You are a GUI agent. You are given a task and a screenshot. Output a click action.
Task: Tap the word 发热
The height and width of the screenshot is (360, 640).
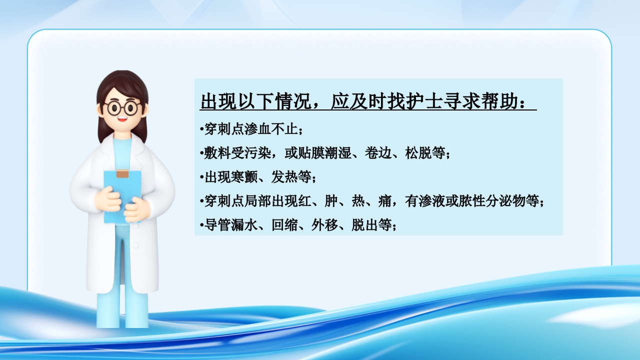pyautogui.click(x=284, y=177)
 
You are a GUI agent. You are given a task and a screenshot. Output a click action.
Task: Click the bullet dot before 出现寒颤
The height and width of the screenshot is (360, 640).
pyautogui.click(x=201, y=177)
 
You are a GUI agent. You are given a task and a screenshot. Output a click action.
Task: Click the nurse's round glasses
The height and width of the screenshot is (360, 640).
pyautogui.click(x=122, y=107)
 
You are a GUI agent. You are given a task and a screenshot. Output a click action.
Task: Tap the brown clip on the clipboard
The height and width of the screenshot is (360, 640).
pyautogui.click(x=122, y=174)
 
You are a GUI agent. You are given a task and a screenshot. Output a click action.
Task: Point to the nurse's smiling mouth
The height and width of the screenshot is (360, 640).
pyautogui.click(x=122, y=120)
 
